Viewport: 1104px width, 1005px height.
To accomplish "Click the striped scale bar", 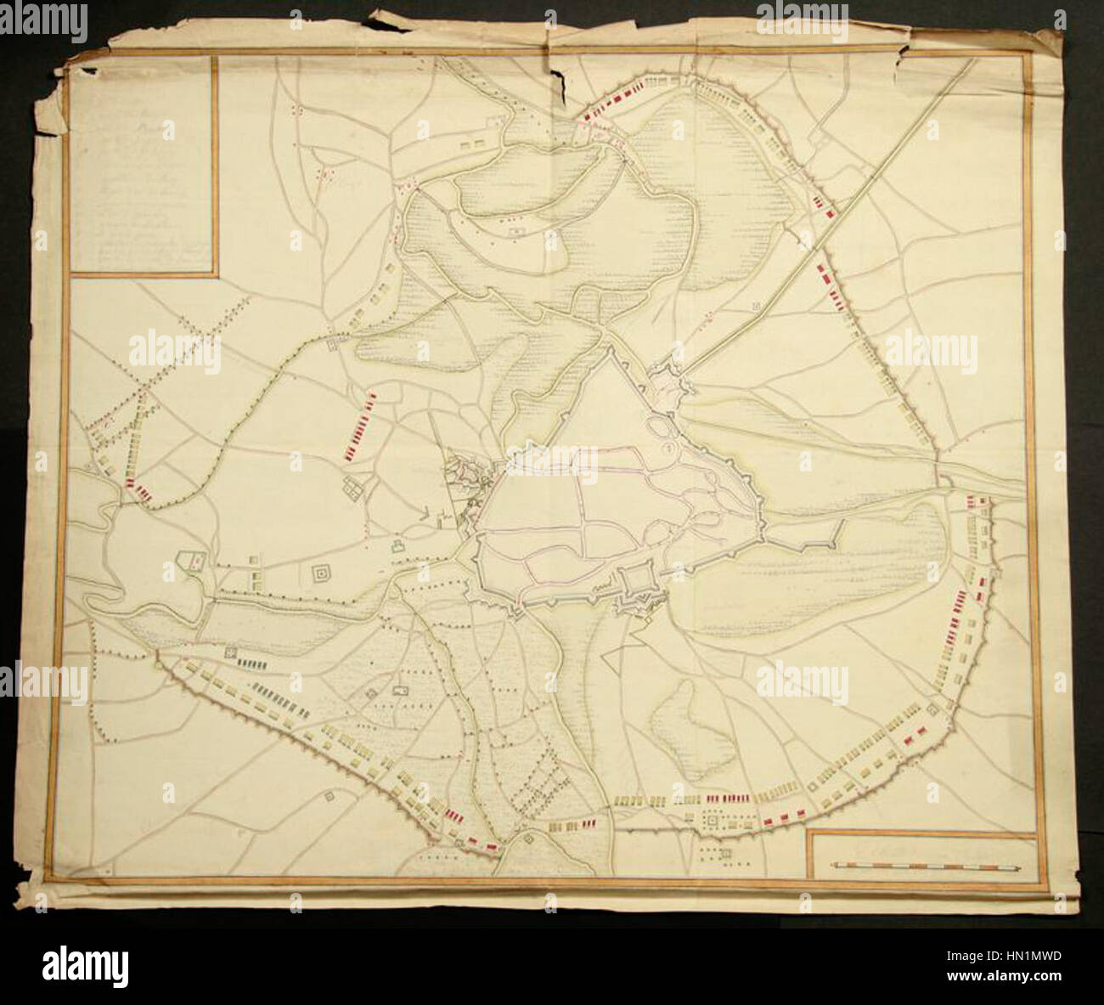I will tap(926, 867).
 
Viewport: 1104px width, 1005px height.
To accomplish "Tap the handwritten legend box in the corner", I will tap(143, 166).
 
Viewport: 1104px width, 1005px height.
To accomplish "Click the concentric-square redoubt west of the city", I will tap(323, 575).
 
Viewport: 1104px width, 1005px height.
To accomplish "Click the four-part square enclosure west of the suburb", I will tap(352, 488).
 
